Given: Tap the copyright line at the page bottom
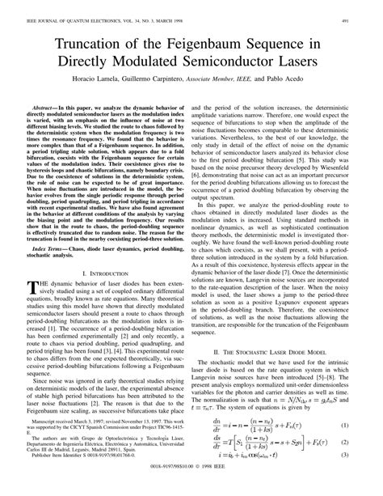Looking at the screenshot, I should point(191,489).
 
